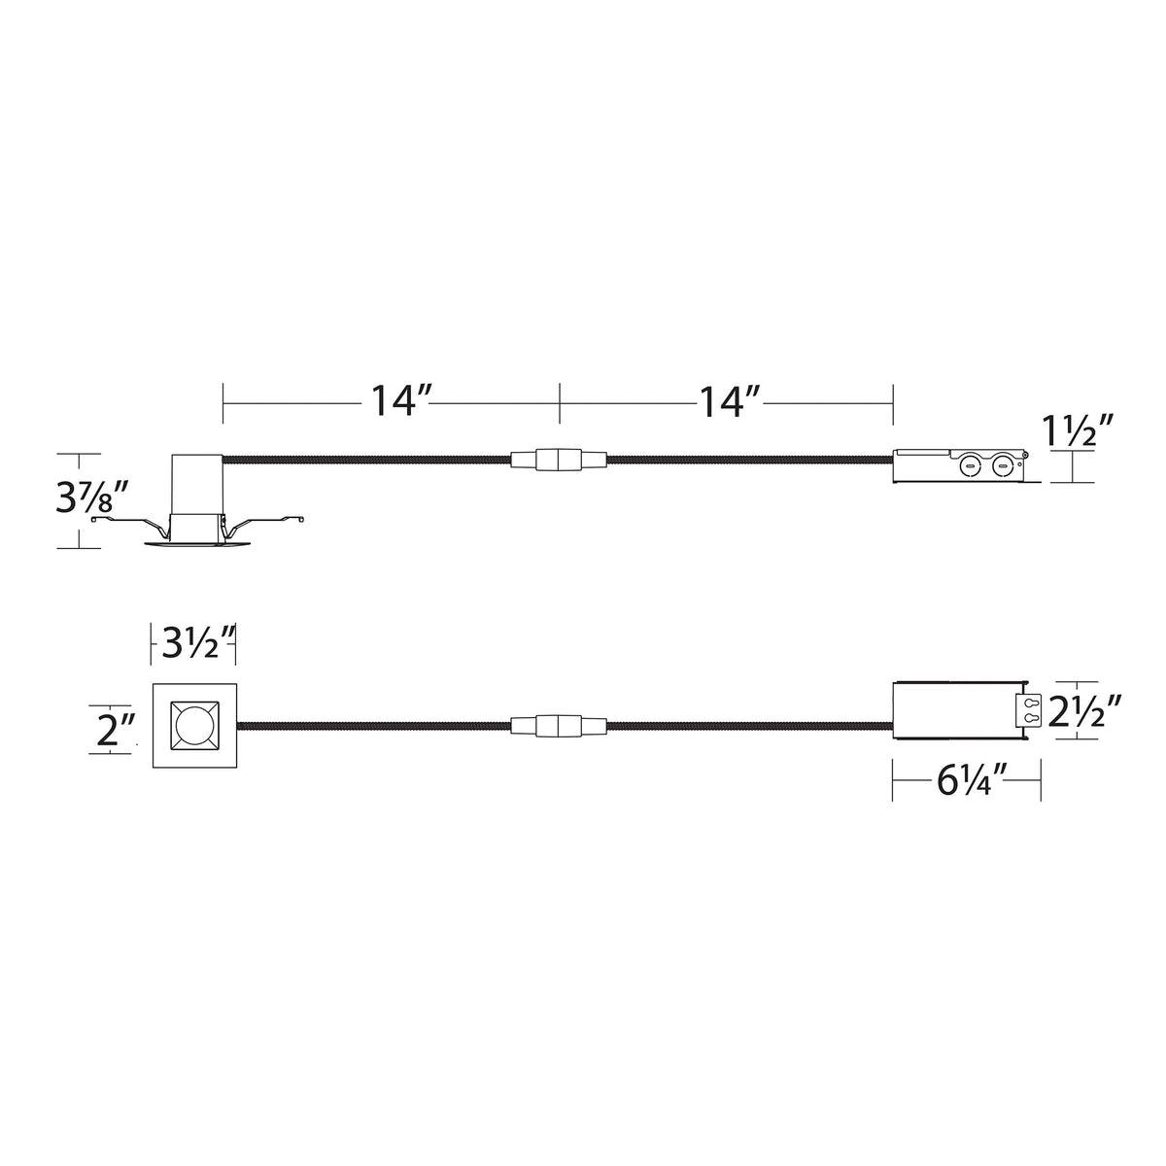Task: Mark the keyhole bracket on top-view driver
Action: (x=1028, y=711)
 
